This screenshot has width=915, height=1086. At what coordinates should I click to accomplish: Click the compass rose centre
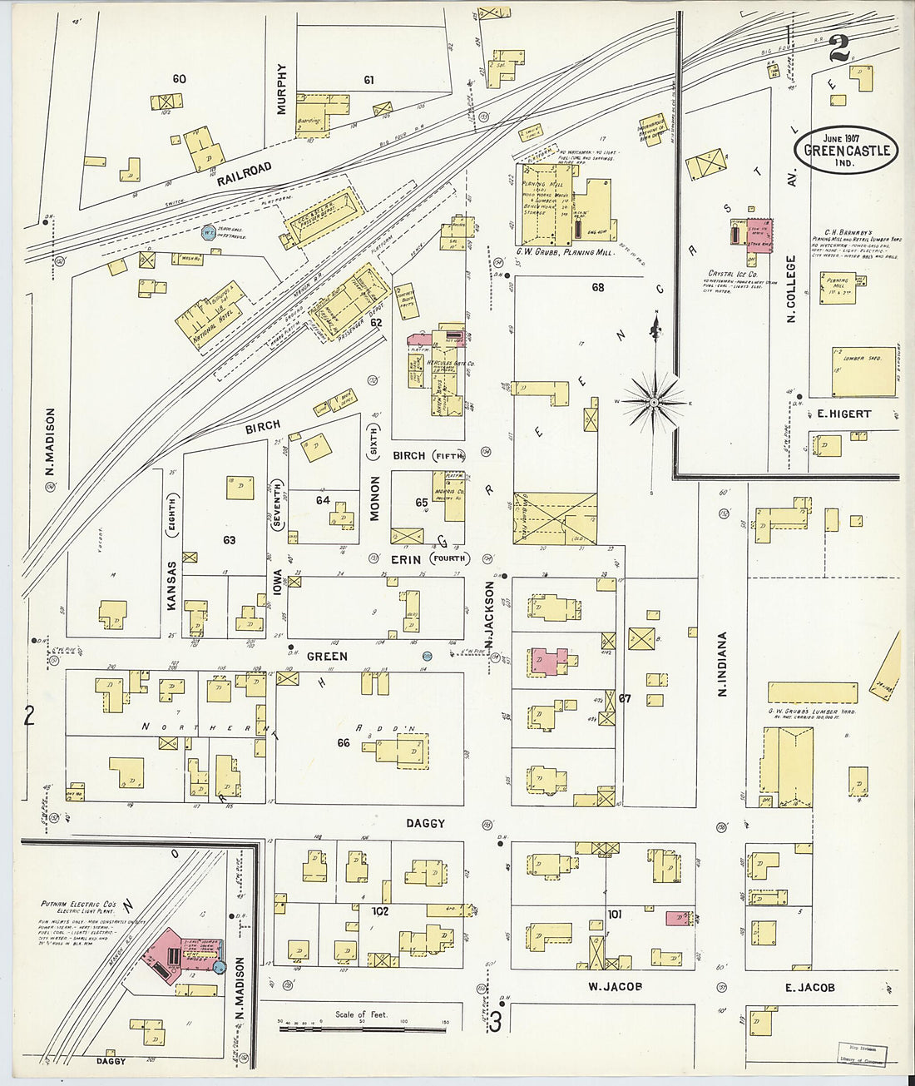click(x=655, y=402)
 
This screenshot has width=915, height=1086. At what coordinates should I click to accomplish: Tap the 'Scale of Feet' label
click(x=361, y=1014)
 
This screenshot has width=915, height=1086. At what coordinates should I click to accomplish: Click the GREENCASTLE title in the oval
click(x=846, y=151)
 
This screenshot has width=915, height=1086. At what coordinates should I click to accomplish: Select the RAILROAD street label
click(x=245, y=174)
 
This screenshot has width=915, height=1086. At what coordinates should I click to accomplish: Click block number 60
click(x=179, y=79)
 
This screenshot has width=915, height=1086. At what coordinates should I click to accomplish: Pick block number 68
click(x=597, y=288)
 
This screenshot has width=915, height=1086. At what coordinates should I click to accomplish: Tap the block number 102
click(x=379, y=910)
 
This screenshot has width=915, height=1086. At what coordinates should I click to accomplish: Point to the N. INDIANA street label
click(x=722, y=664)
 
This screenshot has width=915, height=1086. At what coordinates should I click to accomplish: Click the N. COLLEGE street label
click(x=791, y=289)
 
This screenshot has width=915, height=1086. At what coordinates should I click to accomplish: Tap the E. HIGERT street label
click(x=843, y=414)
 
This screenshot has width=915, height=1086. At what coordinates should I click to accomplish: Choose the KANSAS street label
click(x=171, y=586)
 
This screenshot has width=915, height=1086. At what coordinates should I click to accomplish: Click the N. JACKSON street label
click(x=489, y=616)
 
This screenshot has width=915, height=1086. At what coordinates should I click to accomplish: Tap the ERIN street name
click(x=406, y=559)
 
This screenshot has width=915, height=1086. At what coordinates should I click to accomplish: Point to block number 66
click(x=344, y=742)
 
